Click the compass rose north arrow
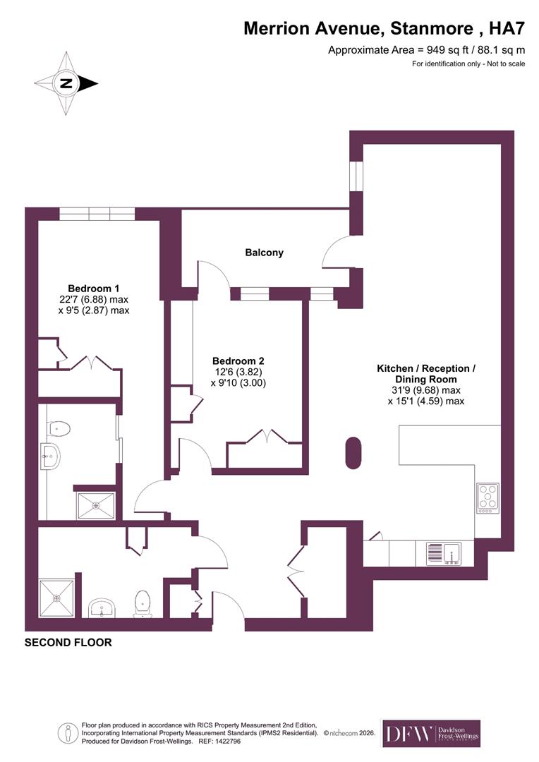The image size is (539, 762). [x=66, y=83]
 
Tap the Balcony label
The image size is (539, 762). [x=264, y=253]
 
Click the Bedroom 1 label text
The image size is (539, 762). [x=93, y=289]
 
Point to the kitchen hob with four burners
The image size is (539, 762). [x=487, y=497]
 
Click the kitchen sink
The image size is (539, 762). [x=443, y=553]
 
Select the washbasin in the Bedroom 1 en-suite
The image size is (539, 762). [x=49, y=457]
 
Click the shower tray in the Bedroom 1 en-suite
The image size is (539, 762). [x=96, y=504]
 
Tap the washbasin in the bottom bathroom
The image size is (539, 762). [x=104, y=607]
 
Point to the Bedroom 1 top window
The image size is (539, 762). [x=97, y=214]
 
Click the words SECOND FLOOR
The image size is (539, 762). [x=68, y=643]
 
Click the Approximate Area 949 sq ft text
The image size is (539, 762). [x=427, y=50]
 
